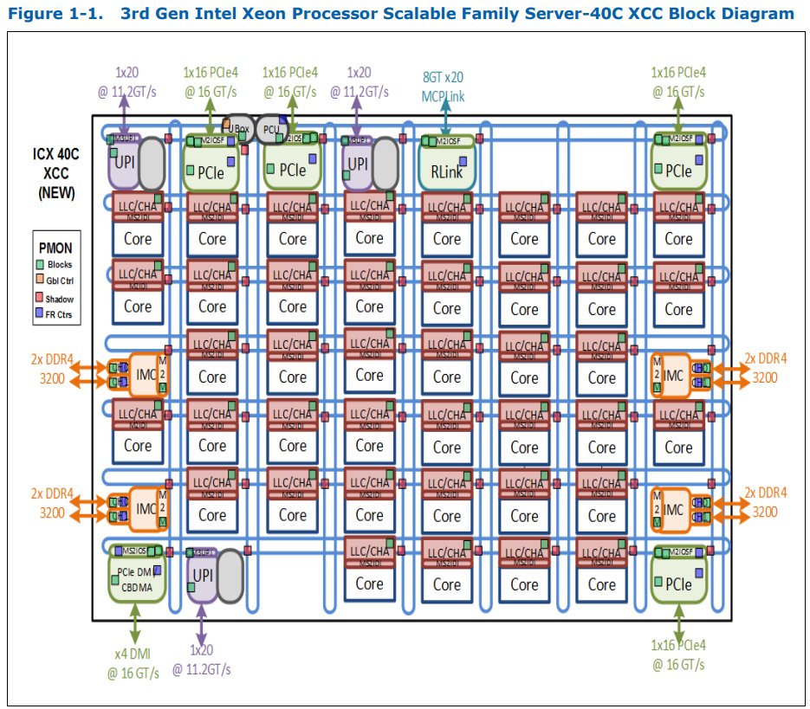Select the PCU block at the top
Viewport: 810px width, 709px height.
[271, 129]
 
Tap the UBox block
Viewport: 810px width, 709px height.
[237, 126]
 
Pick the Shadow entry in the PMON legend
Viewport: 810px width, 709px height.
[57, 299]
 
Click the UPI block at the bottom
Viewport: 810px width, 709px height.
[203, 575]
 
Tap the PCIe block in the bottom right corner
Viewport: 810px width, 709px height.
[678, 583]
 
